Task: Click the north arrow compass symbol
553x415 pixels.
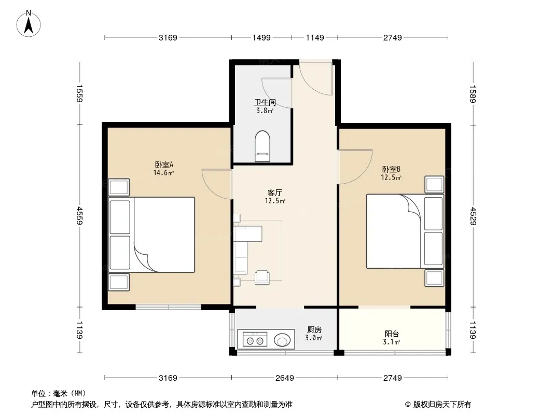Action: tap(29, 24)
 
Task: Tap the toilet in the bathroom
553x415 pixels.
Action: tap(262, 146)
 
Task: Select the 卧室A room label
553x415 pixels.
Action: tap(164, 164)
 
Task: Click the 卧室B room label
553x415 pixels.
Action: tap(391, 169)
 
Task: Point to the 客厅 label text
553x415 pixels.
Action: tap(275, 193)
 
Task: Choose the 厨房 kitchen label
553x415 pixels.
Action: tap(314, 330)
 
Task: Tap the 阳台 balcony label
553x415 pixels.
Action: tap(392, 334)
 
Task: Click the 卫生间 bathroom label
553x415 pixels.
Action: tap(265, 102)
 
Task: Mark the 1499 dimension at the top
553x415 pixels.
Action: tap(261, 37)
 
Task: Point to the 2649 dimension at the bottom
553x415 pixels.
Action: tap(285, 378)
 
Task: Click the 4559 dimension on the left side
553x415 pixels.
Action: tap(79, 215)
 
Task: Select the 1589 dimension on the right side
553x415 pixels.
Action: tap(473, 94)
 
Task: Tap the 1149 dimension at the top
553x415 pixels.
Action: tap(314, 37)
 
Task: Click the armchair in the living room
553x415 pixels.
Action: tap(262, 277)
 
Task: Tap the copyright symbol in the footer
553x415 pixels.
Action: tap(408, 405)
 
